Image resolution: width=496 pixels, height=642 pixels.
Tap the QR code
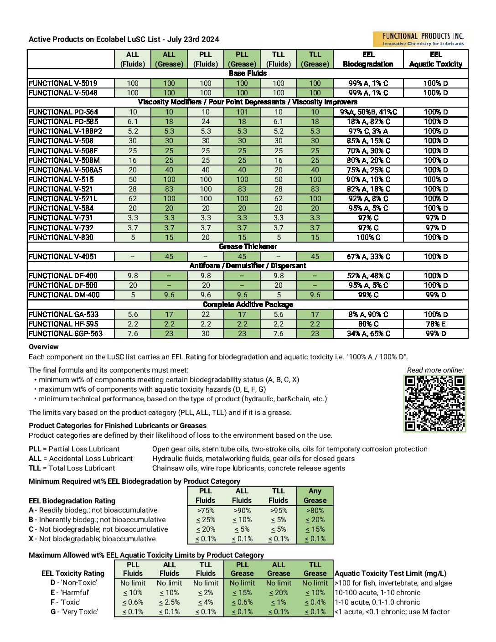point(435,404)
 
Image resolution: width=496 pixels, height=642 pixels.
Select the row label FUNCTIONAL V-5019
point(63,83)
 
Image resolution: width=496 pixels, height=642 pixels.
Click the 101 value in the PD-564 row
point(242,112)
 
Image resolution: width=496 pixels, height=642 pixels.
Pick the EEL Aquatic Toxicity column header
point(435,59)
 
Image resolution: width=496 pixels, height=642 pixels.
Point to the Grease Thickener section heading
point(248,247)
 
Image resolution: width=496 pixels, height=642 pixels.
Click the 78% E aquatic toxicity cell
point(435,324)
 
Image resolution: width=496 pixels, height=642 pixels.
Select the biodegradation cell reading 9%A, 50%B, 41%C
point(368,112)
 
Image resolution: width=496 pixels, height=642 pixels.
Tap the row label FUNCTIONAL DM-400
point(64,295)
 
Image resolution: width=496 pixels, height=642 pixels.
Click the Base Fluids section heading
point(248,73)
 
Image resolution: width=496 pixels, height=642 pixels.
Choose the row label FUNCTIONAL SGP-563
point(66,334)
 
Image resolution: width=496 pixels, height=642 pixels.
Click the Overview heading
point(44,347)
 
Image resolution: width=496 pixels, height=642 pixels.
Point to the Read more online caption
point(435,370)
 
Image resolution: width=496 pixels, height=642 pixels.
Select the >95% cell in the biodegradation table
point(278,511)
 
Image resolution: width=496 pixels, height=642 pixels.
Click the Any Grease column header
point(315,496)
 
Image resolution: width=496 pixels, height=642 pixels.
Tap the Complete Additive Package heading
point(248,305)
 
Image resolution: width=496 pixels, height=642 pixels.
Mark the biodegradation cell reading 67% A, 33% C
point(368,257)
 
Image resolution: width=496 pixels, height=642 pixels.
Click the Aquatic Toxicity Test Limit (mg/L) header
point(390,574)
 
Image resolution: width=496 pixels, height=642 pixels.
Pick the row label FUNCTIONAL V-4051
point(63,257)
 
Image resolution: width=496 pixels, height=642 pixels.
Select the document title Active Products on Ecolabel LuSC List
point(124,39)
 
